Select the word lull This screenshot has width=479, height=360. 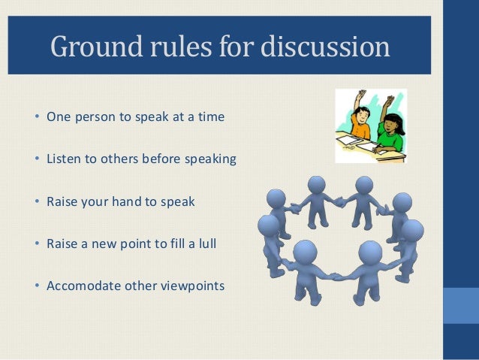click(x=204, y=244)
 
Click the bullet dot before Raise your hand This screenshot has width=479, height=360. click(x=36, y=201)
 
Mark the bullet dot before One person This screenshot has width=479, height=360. click(x=36, y=117)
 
